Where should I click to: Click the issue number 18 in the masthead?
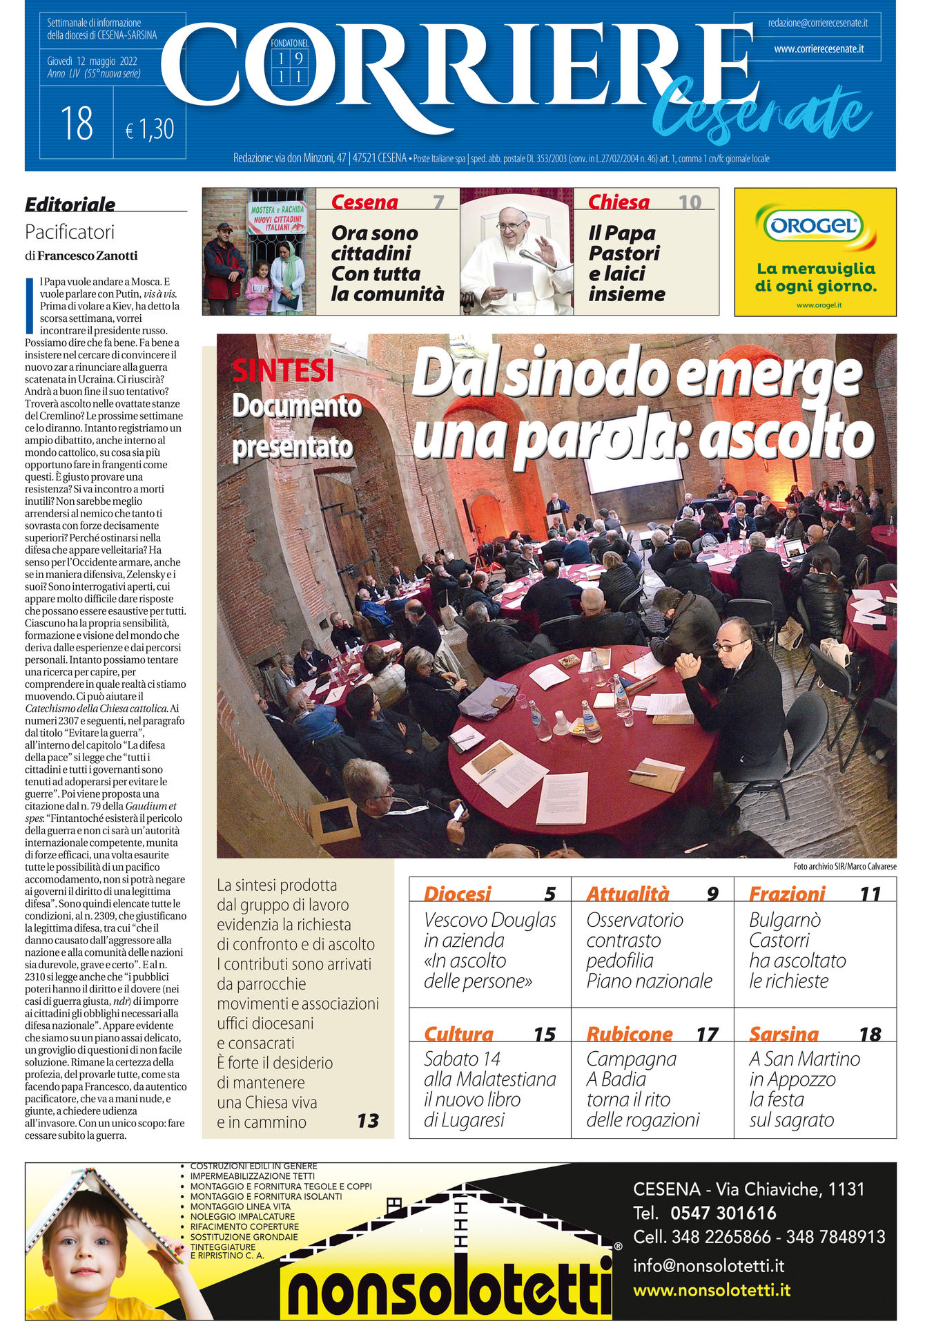[x=77, y=124]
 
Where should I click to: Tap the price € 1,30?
[x=150, y=129]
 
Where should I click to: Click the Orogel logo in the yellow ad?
[x=815, y=226]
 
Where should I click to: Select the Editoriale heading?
[x=70, y=204]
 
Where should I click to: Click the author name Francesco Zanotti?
[x=88, y=256]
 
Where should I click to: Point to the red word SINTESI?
[x=283, y=371]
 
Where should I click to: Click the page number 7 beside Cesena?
[x=438, y=202]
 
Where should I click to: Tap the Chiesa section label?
[x=619, y=202]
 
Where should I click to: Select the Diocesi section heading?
[x=457, y=894]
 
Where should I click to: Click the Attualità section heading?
[x=627, y=894]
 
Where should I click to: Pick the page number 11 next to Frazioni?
[x=870, y=894]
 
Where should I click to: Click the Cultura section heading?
[x=458, y=1034]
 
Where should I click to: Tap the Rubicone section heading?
[x=629, y=1034]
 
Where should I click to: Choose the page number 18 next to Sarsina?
[x=870, y=1034]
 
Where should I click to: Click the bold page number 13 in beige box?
[x=368, y=1120]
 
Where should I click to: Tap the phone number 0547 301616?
[x=723, y=1213]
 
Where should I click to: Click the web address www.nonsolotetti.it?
[x=712, y=1290]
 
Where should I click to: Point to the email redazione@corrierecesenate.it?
[x=817, y=23]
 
